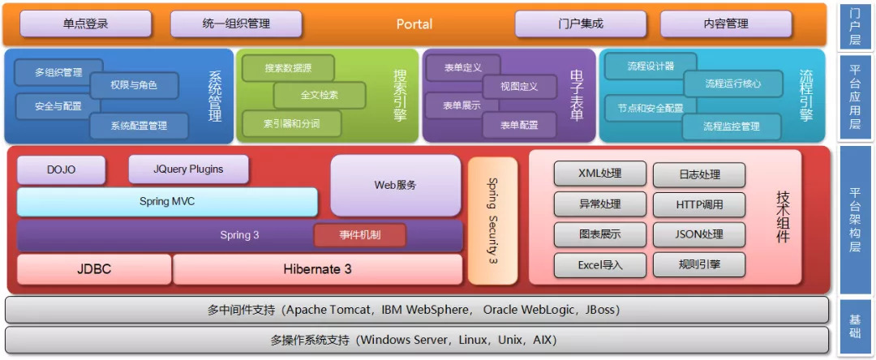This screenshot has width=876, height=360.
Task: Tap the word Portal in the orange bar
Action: [x=414, y=24]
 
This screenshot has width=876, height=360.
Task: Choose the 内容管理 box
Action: [x=725, y=24]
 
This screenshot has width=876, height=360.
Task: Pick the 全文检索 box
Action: [x=319, y=95]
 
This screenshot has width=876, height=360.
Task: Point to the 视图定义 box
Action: [x=519, y=86]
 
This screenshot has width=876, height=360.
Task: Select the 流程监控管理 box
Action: [x=732, y=126]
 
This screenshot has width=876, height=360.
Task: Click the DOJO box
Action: [x=62, y=169]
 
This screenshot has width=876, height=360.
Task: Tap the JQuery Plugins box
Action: [x=188, y=169]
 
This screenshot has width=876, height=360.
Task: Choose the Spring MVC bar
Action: [x=167, y=201]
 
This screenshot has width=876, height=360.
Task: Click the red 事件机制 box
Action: [x=359, y=235]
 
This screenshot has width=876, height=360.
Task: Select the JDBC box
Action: [x=94, y=269]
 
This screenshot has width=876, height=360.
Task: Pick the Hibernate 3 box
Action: [x=317, y=269]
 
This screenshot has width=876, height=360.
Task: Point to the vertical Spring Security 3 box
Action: [x=492, y=221]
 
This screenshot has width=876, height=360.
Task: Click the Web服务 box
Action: [x=395, y=185]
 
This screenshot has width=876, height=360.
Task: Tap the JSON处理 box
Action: [x=698, y=234]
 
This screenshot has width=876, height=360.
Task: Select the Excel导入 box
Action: [x=600, y=264]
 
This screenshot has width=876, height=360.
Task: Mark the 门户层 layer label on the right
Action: [x=855, y=24]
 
